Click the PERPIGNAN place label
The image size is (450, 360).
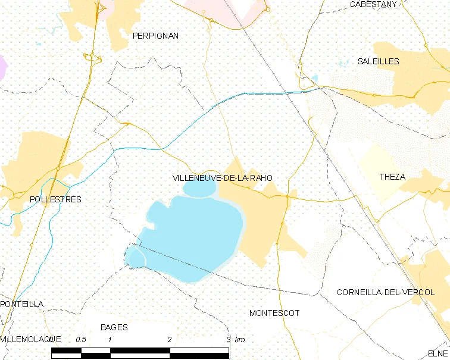pyautogui.click(x=155, y=36)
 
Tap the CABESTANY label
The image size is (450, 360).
pyautogui.click(x=373, y=4)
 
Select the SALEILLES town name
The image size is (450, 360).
pyautogui.click(x=379, y=61)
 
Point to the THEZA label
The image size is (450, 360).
pyautogui.click(x=392, y=177)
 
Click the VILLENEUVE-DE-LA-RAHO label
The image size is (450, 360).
pyautogui.click(x=221, y=178)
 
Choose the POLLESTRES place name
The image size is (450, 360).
pyautogui.click(x=55, y=199)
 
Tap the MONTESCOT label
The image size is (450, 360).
pyautogui.click(x=274, y=313)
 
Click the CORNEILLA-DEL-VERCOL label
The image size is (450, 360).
pyautogui.click(x=386, y=292)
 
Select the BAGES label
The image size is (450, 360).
pyautogui.click(x=114, y=327)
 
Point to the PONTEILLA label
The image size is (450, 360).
pyautogui.click(x=22, y=304)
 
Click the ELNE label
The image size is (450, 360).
pyautogui.click(x=437, y=353)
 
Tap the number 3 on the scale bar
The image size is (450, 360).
pyautogui.click(x=229, y=339)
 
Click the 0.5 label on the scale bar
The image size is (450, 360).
pyautogui.click(x=81, y=339)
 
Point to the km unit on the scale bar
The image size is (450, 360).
pyautogui.click(x=240, y=339)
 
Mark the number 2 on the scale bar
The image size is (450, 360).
pyautogui.click(x=170, y=339)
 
